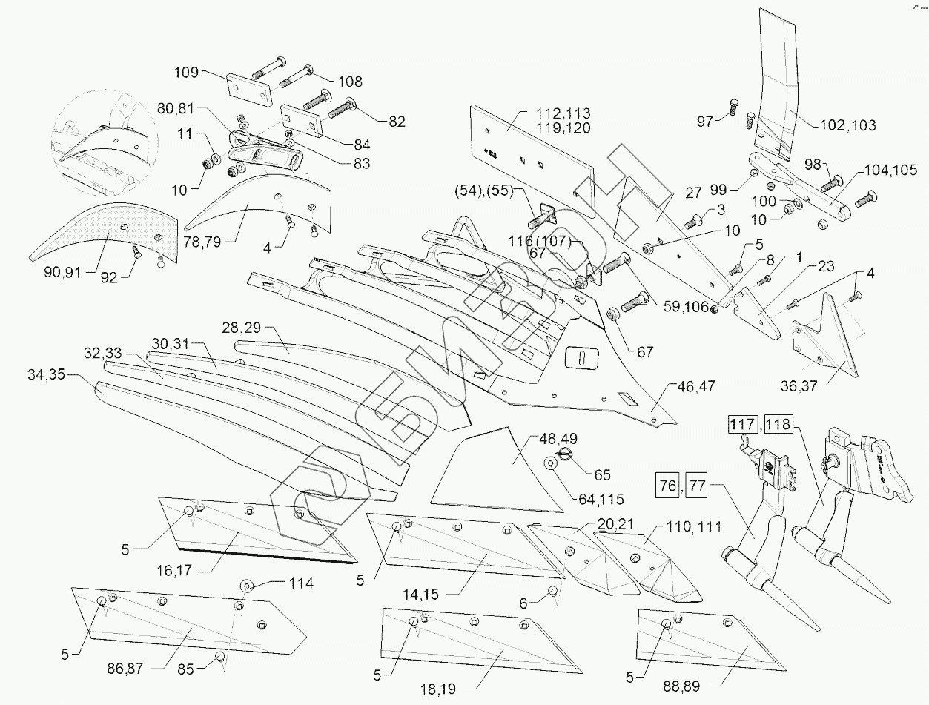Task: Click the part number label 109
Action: [186, 73]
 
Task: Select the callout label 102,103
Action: [848, 125]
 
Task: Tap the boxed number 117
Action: [743, 425]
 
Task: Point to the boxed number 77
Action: [696, 486]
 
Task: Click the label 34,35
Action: [46, 374]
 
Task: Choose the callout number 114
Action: [301, 584]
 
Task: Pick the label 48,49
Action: [558, 439]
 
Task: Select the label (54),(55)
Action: [483, 191]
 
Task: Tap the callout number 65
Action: [602, 475]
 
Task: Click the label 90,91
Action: [62, 272]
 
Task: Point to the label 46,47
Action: [695, 386]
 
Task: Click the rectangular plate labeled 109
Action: [249, 90]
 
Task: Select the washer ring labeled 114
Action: [247, 586]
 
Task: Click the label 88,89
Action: [681, 686]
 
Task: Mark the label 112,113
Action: [563, 113]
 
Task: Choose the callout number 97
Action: [705, 122]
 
